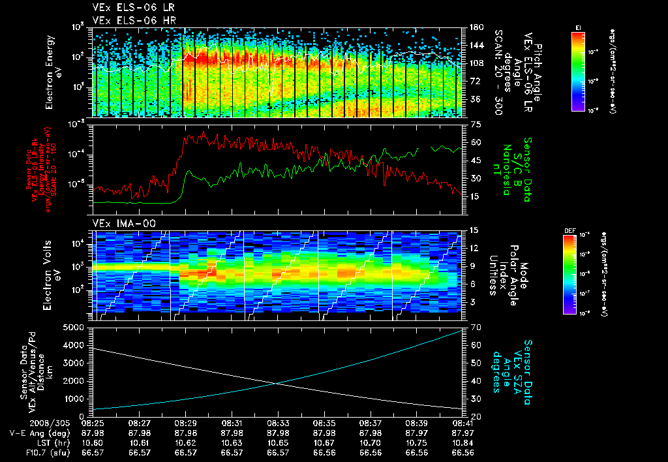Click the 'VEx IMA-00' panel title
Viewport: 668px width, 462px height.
pos(124,223)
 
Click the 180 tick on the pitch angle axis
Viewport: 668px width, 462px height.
pos(475,27)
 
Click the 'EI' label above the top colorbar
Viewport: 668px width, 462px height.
pos(578,27)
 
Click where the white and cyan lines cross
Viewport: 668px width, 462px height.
pos(277,383)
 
